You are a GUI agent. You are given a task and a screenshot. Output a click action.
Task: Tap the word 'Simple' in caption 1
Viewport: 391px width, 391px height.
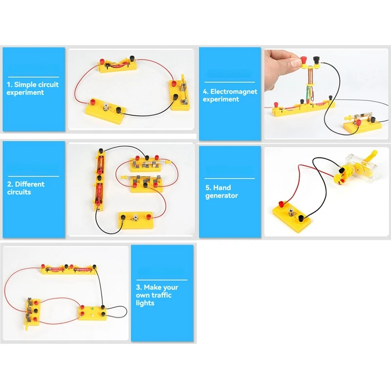(25, 85)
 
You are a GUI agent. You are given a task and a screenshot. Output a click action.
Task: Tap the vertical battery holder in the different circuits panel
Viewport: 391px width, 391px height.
(100, 178)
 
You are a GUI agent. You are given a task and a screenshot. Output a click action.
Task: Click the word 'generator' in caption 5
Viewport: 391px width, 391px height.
(221, 195)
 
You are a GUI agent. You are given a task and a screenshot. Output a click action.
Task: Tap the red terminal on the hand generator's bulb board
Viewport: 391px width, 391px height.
(282, 202)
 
